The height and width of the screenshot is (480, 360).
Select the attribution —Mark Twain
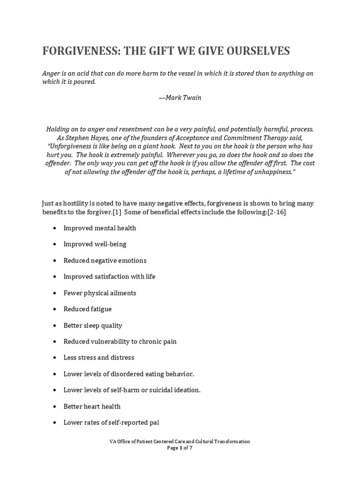[180, 98]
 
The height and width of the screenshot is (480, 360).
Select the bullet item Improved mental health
[100, 228]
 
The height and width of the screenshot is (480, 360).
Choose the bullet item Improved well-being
[95, 244]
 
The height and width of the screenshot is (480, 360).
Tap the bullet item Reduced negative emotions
[105, 261]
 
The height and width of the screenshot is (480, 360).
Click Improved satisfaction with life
[109, 277]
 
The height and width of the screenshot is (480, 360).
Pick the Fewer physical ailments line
[100, 293]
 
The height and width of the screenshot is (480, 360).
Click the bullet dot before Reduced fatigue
[55, 309]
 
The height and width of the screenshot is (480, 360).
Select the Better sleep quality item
[92, 325]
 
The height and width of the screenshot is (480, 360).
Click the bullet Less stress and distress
[99, 358]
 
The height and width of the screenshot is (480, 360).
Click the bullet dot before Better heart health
[55, 406]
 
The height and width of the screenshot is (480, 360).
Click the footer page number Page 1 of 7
[180, 448]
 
